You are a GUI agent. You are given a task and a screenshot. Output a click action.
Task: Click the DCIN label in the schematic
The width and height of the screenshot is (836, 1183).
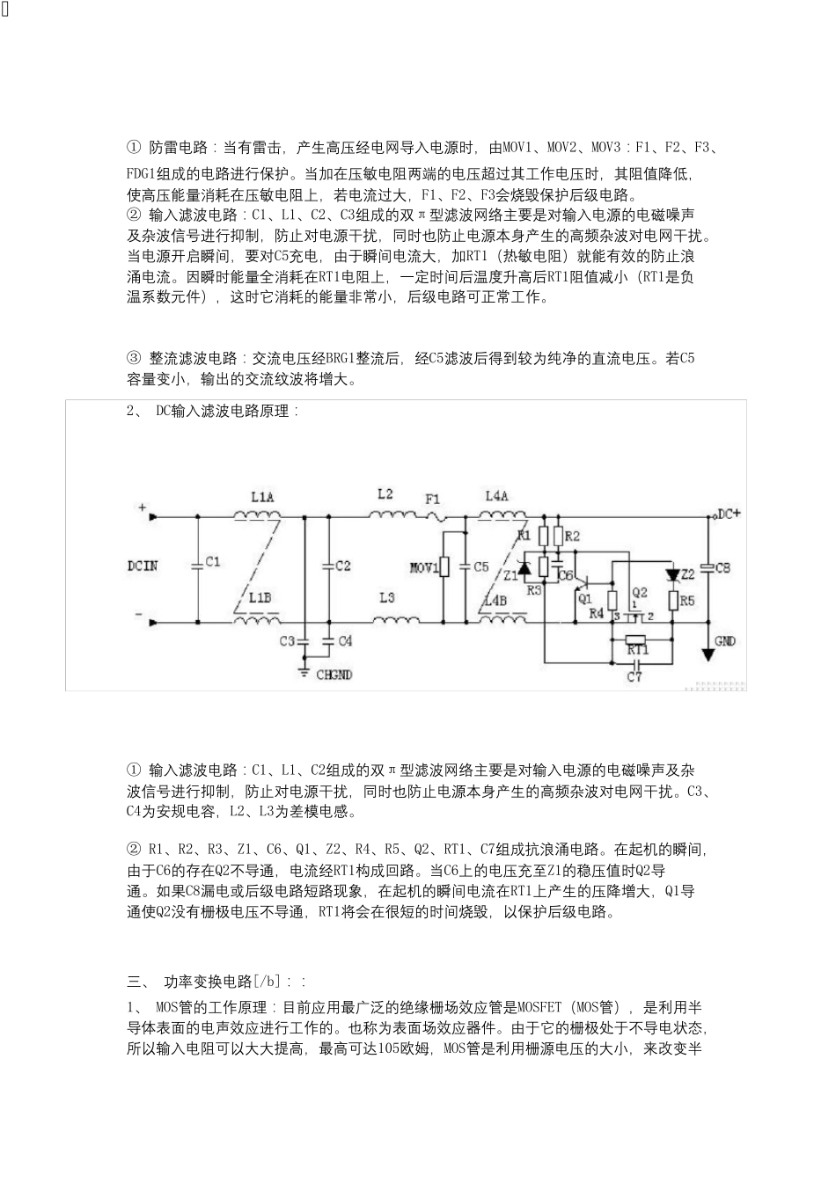143,566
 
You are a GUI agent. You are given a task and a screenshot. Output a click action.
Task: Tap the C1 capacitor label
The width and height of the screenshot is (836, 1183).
212,560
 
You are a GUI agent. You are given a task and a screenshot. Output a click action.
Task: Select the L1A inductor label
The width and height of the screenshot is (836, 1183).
262,497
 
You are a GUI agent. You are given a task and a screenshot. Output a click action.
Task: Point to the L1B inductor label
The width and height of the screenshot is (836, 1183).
260,598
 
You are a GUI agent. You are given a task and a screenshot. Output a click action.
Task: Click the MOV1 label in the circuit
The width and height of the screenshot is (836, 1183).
424,567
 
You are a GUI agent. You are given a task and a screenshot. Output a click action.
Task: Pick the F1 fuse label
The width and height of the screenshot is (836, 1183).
433,499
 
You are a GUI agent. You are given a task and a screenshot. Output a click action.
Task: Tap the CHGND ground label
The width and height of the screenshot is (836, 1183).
334,674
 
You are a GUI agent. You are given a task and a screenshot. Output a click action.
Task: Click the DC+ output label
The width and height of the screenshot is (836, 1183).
730,513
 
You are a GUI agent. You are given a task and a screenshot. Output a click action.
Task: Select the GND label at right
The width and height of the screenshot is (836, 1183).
725,641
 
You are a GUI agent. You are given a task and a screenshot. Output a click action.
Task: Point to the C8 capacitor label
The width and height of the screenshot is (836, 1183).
722,568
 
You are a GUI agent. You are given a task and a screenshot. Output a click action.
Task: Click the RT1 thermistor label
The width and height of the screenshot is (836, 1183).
637,649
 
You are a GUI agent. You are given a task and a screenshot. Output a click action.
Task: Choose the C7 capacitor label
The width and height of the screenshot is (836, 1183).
634,676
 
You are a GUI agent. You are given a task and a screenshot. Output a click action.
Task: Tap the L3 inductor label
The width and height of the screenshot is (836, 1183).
387,598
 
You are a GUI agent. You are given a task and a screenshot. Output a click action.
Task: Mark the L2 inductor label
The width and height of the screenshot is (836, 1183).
385,494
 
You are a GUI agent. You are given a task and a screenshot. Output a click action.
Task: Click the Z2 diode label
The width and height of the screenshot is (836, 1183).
688,573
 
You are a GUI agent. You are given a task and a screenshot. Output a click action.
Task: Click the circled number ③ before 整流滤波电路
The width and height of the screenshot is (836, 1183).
134,358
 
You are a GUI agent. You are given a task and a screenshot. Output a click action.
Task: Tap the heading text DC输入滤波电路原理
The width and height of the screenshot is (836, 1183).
228,411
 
